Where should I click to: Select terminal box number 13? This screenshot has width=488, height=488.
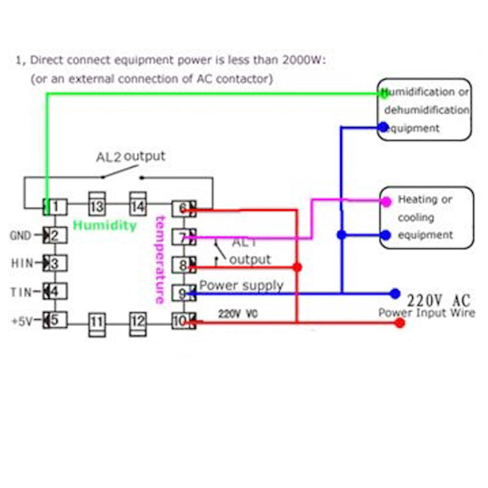[x=96, y=207]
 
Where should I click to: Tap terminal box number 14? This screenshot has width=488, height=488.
[x=138, y=207]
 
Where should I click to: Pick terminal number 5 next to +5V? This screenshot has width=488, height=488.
[x=55, y=320]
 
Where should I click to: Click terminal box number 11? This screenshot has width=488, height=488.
[x=96, y=323]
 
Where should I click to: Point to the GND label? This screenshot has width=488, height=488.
[x=20, y=235]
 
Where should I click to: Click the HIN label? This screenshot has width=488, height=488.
[x=20, y=263]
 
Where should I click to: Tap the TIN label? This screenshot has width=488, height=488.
[x=20, y=292]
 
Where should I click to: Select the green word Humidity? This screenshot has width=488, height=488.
[x=104, y=225]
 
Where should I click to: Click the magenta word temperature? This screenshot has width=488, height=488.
[x=159, y=260]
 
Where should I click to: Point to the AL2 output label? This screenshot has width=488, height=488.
[x=131, y=157]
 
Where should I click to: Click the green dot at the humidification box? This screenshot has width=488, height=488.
[x=383, y=94]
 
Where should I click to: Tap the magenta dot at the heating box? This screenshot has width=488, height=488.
[x=386, y=202]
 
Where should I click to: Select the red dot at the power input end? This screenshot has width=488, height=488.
[x=400, y=323]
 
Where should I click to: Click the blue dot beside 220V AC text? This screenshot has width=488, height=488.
[x=395, y=294]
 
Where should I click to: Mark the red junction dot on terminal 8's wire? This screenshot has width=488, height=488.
[x=297, y=267]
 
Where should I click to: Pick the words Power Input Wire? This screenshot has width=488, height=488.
[x=427, y=313]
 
